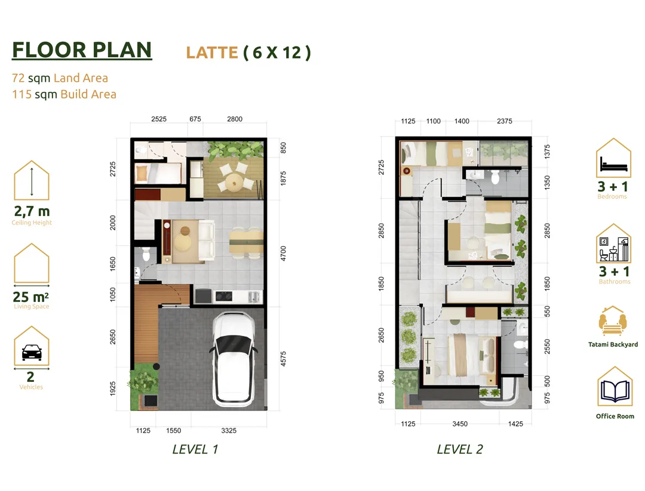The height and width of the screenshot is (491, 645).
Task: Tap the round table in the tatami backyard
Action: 234,181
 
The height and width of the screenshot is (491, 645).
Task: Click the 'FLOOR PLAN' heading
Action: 82,50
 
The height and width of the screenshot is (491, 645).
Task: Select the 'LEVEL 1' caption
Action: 195,449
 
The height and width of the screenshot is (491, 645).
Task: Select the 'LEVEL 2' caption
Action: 460,449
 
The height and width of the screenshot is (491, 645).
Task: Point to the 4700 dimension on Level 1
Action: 283,253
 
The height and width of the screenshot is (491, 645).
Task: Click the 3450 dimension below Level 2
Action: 459,424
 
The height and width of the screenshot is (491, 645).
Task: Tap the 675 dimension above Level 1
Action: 195,119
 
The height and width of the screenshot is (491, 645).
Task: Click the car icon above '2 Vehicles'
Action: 31,353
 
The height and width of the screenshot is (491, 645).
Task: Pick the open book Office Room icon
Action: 615,390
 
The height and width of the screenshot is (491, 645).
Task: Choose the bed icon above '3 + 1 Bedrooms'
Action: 614,164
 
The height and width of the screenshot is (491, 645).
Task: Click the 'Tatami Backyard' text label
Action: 613,344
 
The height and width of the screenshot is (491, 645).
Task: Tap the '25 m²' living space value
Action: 31,297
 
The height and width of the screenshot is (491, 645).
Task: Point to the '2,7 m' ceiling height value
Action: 32,211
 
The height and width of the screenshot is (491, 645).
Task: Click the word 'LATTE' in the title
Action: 212,53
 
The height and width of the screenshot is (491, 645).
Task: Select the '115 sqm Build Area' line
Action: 64,94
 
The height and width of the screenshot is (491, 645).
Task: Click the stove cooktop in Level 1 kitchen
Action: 223,296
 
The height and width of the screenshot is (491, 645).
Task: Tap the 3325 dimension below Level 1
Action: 229,431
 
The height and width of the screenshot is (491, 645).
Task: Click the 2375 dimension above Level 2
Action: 504,121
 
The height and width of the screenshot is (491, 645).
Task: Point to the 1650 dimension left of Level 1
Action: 113,264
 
